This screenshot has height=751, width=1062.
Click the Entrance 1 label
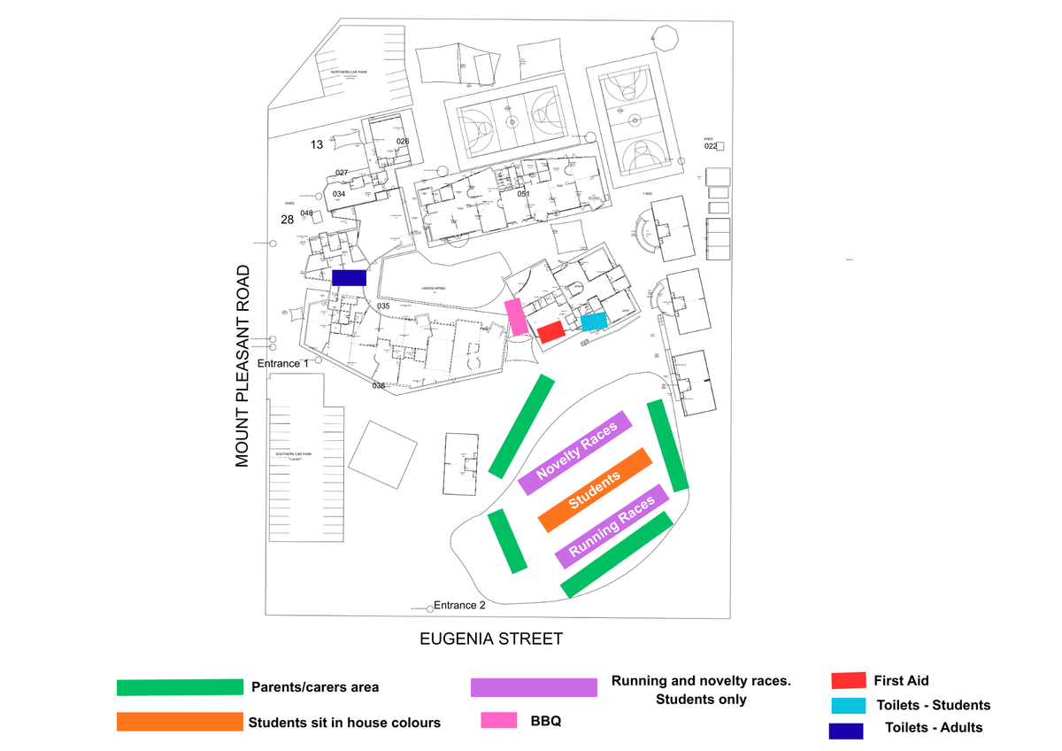pos(283,363)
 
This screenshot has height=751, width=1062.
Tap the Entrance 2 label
pos(459,606)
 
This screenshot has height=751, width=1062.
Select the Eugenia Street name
pos(490,639)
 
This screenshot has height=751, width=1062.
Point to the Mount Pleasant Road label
pos(243,366)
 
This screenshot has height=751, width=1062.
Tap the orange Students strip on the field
pos(595,490)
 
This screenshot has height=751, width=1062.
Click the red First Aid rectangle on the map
pos(551,332)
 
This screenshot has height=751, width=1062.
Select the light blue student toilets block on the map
pos(594,321)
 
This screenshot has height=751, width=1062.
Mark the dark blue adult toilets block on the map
pos(349,277)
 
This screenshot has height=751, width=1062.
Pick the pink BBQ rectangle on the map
pos(515,316)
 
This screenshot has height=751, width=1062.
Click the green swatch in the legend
pos(180,687)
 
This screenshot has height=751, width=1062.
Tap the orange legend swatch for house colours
pos(179,722)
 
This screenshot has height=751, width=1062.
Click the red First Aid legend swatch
pos(848,680)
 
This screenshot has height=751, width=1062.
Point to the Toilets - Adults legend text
pos(934,728)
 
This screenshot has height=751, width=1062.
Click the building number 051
pos(523,194)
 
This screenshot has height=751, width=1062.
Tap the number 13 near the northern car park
pos(317,144)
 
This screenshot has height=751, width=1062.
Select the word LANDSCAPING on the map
pos(433,289)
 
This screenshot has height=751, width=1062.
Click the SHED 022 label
pos(711,144)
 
